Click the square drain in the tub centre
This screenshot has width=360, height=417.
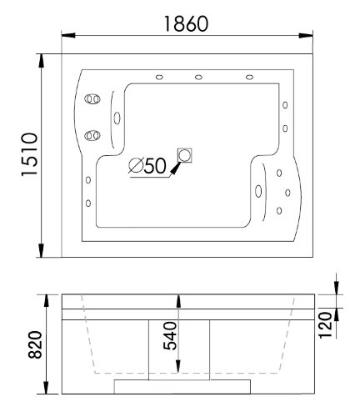pos(184,155)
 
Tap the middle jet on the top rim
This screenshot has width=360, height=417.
pos(198,79)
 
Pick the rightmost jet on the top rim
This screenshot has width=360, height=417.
pos(250,79)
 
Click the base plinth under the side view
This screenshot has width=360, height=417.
pos(182,384)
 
